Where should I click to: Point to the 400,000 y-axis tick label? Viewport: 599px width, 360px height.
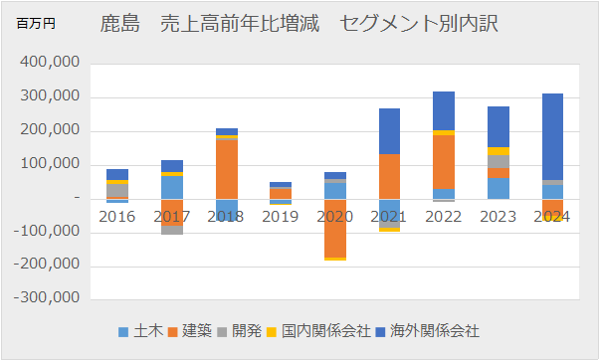click(x=49, y=64)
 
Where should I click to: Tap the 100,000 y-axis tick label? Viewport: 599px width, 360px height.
click(x=49, y=165)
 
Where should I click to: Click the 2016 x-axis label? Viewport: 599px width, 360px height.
click(x=117, y=216)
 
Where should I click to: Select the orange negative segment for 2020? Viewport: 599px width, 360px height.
click(x=334, y=228)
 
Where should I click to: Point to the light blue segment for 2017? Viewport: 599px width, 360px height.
click(x=172, y=187)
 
